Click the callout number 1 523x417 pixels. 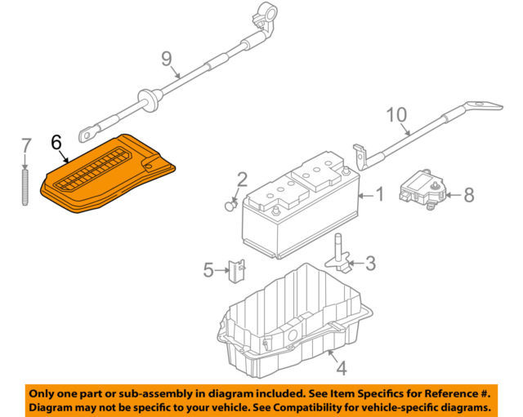point(378,195)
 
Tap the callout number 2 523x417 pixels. point(242,180)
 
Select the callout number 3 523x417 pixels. point(370,263)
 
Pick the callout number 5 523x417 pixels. point(208,268)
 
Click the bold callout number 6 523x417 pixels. point(56,141)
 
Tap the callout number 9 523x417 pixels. point(167,59)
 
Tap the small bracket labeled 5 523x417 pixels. point(236,269)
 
